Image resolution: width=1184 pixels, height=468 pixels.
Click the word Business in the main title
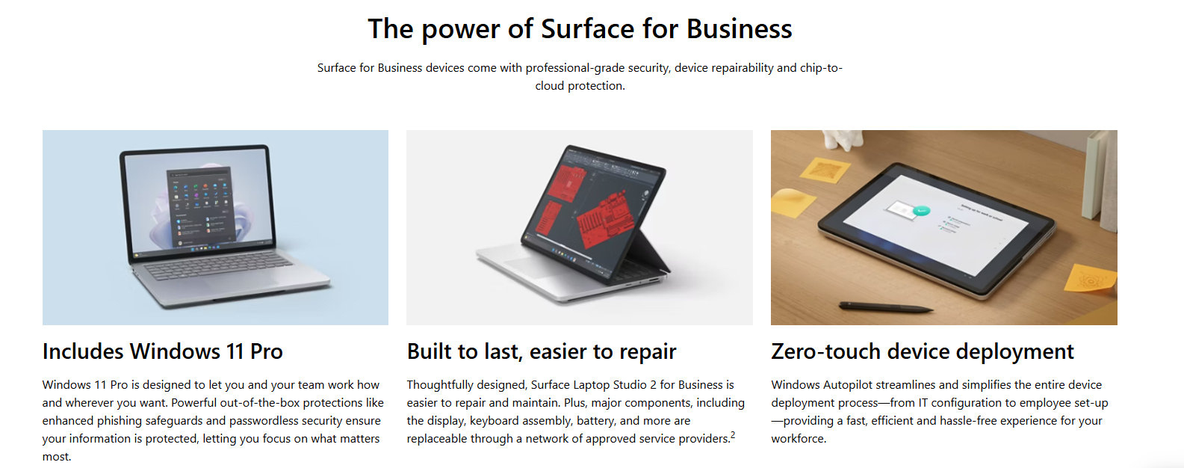coord(739,28)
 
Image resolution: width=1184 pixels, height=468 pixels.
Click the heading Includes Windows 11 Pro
coord(163,351)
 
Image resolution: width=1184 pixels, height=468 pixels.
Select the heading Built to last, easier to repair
coord(542,351)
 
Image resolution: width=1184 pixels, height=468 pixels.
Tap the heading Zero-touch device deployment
coord(923,351)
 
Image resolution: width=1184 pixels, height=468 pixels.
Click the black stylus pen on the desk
coord(886,307)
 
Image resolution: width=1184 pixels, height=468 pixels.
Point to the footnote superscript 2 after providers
coord(733,434)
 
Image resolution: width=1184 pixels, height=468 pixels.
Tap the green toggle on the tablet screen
coord(921,211)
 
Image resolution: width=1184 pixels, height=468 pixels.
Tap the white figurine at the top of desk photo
coord(843,139)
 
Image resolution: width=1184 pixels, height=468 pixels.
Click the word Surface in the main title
coord(587,28)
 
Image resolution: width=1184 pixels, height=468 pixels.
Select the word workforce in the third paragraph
coord(797,439)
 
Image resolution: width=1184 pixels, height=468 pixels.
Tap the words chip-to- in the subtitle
coord(821,68)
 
